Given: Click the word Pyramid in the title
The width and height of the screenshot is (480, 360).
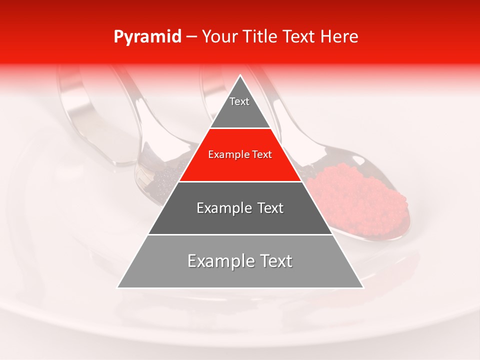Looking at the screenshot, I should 147,37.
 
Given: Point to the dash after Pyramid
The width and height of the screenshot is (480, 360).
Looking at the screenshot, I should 191,37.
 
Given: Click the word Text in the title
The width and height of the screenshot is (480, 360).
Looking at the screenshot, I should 298,37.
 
